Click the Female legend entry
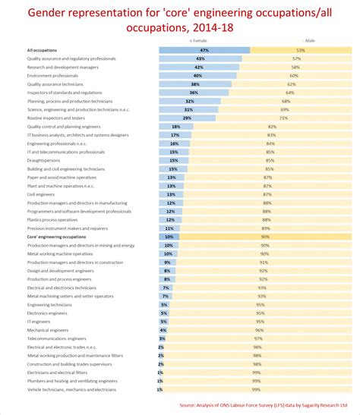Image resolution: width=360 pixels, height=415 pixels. coord(199,40)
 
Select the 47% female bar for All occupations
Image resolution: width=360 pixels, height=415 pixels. coord(204,50)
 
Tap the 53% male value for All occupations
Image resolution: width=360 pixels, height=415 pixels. coord(302,50)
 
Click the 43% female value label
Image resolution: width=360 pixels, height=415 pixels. coord(201,58)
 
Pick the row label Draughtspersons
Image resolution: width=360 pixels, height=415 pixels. coord(44,160)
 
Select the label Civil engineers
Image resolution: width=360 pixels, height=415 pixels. coord(43,194)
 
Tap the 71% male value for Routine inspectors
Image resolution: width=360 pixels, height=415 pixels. coord(283,118)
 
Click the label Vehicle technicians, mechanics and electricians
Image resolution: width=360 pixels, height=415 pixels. coord(72,389)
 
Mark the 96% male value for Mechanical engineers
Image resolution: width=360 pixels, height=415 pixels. coord(260,330)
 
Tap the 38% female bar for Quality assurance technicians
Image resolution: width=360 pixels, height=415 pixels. coord(193,84)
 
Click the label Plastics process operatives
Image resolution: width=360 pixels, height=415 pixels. coord(54,219)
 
